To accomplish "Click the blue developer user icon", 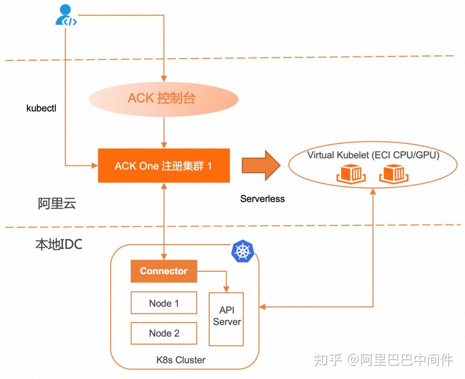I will click(x=66, y=16).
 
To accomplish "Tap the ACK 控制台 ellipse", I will click(x=164, y=98).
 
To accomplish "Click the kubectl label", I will click(x=41, y=108).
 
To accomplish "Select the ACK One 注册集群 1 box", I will click(x=164, y=166).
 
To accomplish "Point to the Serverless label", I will click(x=263, y=199).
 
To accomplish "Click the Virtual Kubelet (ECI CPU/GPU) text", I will click(x=373, y=155).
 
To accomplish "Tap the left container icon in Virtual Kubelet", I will click(x=351, y=173).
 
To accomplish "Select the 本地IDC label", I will click(x=59, y=245).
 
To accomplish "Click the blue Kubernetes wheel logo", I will click(x=242, y=252).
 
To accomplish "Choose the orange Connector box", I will click(x=164, y=271).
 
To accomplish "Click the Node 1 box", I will click(x=164, y=303).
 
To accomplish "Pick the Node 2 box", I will click(x=164, y=333).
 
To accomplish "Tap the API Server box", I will click(x=226, y=319).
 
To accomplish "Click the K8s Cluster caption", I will click(x=181, y=360).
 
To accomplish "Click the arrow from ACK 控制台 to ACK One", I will click(x=164, y=134).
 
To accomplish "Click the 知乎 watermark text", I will click(x=329, y=359).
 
